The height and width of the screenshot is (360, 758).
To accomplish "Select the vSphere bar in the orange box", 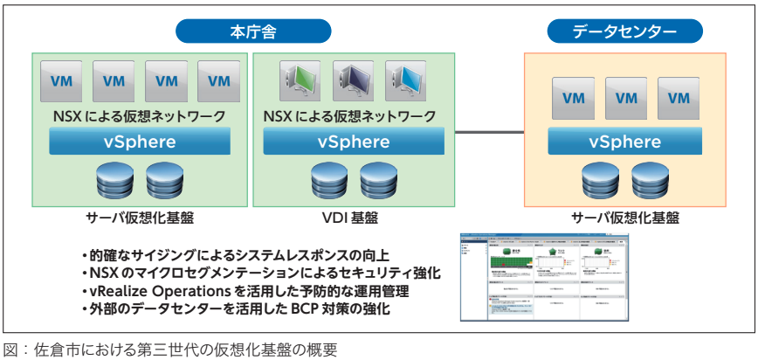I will pos(625,141).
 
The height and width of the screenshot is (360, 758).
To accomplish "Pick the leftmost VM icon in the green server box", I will pos(62,81).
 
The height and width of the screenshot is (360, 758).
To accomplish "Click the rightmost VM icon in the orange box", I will pos(679,98).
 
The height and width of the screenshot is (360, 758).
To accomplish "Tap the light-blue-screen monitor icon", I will pos(407,82).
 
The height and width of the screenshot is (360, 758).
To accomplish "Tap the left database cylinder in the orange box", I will pos(600,180).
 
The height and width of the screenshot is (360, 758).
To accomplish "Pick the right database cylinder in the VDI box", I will pos(378,180).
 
